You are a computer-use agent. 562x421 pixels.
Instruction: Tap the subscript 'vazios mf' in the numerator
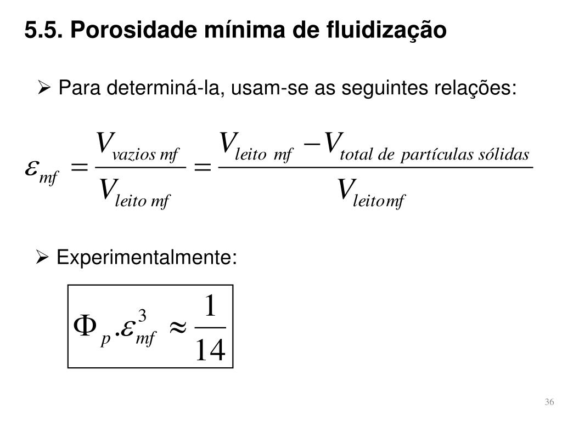[145, 155]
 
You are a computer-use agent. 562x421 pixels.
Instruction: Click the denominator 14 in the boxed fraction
[211, 350]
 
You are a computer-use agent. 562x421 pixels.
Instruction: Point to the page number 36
[549, 403]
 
